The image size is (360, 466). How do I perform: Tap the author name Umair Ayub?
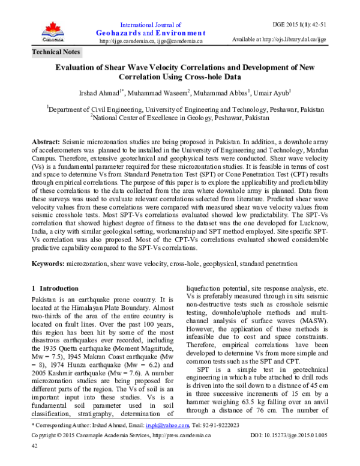pos(274,91)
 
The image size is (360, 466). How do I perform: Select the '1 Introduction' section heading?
pos(55,288)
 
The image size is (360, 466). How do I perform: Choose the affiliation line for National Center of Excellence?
pos(180,118)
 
